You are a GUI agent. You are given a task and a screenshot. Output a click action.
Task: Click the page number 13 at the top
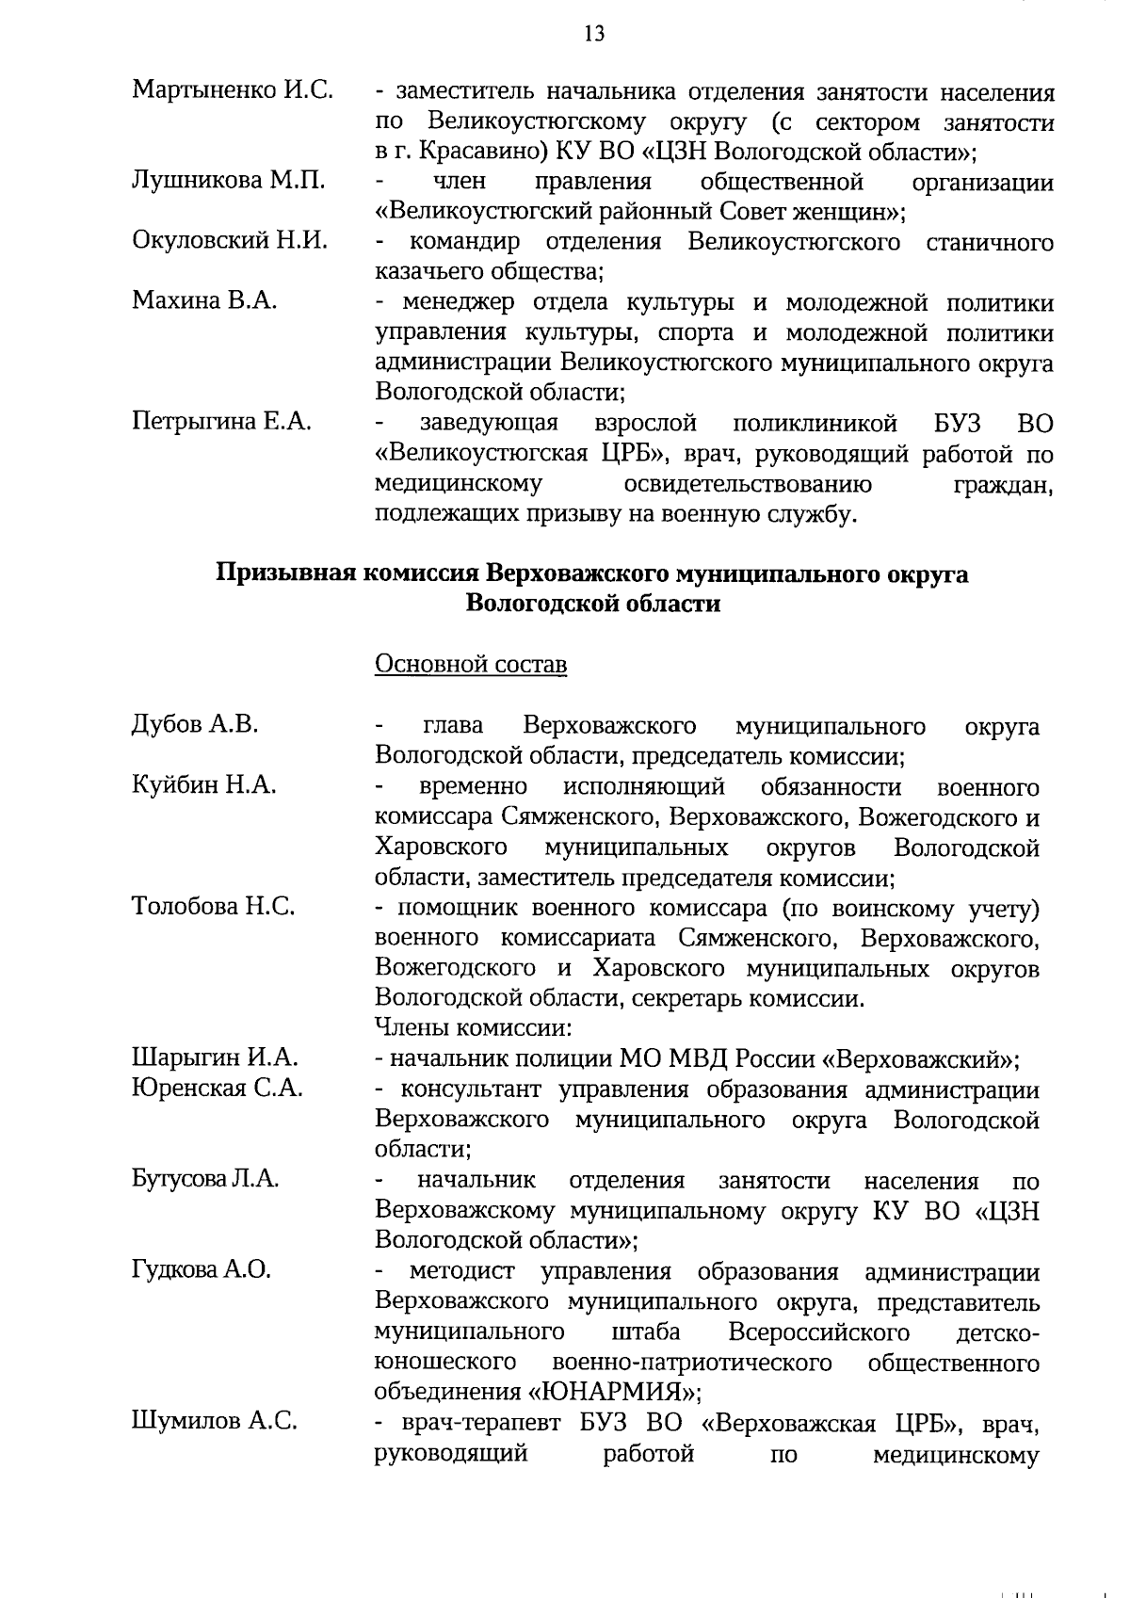[x=594, y=35]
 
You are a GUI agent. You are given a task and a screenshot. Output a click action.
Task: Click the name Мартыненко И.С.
[x=233, y=90]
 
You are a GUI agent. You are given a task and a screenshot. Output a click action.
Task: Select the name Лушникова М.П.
[x=228, y=181]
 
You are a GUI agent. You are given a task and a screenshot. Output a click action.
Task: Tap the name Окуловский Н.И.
[x=230, y=241]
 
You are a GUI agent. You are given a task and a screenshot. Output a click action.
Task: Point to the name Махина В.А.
[x=204, y=301]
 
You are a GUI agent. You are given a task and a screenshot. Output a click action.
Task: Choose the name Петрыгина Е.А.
[x=221, y=422]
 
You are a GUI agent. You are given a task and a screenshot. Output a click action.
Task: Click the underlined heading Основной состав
[x=471, y=664]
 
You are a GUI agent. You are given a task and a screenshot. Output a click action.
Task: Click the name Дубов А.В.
[x=195, y=724]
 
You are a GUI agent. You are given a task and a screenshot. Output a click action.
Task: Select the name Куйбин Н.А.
[x=204, y=784]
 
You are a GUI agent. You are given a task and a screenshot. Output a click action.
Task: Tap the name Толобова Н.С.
[x=214, y=906]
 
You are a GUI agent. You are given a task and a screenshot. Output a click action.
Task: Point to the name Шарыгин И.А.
[x=215, y=1057]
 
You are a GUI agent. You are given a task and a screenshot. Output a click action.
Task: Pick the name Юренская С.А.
[x=218, y=1089]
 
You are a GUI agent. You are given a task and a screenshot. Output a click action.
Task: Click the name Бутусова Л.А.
[x=205, y=1179]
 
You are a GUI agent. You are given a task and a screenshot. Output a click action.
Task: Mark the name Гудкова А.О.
[x=202, y=1269]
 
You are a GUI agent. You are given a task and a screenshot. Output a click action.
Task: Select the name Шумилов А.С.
[x=215, y=1421]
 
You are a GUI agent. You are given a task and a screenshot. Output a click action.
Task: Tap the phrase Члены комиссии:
[x=475, y=1027]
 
